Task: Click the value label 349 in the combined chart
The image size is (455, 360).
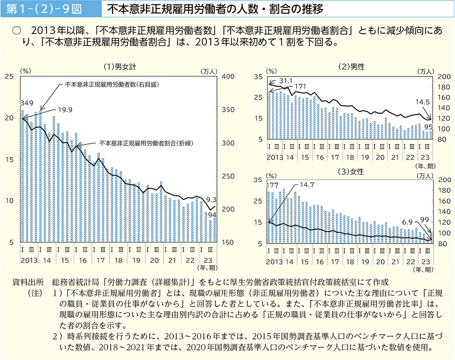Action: [27, 103]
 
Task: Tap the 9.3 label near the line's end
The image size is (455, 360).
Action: [211, 199]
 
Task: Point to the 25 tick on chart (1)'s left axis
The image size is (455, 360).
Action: [9, 76]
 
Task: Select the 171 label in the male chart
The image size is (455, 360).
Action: [299, 86]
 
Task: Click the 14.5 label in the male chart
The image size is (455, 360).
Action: [423, 102]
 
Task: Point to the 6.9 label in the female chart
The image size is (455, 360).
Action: [407, 221]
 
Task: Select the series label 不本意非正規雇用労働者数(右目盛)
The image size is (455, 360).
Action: [113, 84]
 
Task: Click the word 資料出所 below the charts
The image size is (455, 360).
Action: [30, 282]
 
